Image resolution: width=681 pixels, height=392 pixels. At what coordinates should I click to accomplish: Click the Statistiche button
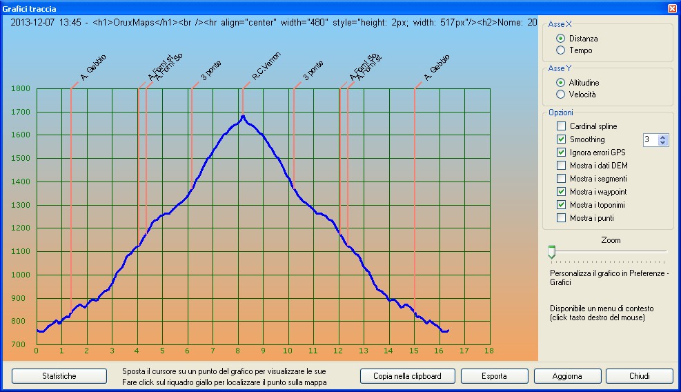tap(59, 376)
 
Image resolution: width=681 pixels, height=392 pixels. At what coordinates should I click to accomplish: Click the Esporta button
tap(494, 376)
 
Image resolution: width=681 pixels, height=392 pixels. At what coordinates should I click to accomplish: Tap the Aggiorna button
tap(567, 376)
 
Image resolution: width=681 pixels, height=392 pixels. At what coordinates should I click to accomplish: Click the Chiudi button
tap(640, 376)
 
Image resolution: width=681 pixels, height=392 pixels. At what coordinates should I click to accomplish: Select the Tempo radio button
tap(561, 50)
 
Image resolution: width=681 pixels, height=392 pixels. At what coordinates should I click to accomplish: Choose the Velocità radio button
tap(561, 95)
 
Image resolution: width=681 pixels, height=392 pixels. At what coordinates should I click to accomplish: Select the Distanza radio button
tap(561, 39)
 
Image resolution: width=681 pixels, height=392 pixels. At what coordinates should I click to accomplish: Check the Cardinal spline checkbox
tap(562, 126)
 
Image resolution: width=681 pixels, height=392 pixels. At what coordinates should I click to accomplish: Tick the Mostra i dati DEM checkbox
tap(562, 166)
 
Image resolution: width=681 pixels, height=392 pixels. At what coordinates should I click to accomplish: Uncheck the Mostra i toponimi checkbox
tap(562, 205)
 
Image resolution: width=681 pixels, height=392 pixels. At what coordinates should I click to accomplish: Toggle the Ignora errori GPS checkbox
tap(562, 153)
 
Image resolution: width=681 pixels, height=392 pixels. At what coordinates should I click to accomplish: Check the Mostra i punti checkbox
tap(562, 218)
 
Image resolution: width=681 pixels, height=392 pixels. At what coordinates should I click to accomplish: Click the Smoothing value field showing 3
tap(650, 139)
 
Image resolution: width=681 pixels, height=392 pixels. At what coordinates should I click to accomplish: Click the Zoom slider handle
tap(551, 253)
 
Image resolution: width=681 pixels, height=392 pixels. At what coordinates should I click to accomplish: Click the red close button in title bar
tap(672, 8)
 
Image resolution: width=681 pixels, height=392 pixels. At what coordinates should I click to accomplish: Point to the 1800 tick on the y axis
tap(21, 88)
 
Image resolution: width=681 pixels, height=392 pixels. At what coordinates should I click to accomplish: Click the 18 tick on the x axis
tap(489, 351)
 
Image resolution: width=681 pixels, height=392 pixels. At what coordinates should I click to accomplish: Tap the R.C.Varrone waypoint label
tap(265, 71)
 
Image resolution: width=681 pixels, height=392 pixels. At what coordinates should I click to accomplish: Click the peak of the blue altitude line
tap(243, 115)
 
